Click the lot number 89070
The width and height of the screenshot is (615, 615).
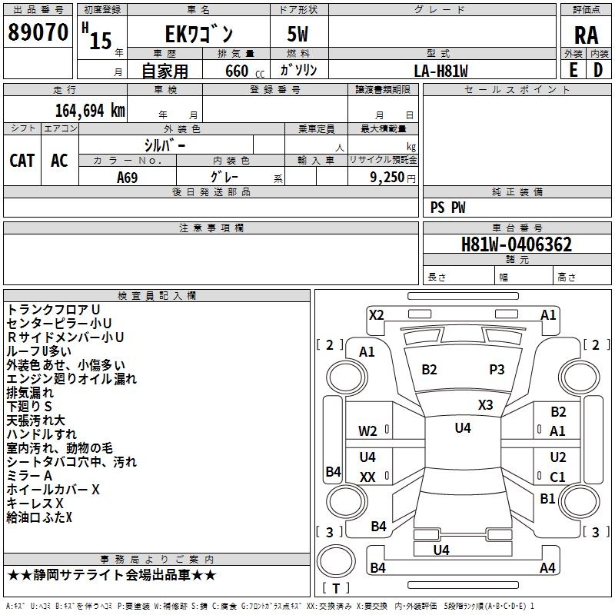[x=38, y=32]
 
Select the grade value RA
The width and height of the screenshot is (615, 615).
[x=586, y=35]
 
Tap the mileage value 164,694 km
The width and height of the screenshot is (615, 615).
[x=90, y=111]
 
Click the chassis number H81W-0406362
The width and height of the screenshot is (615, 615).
[x=517, y=244]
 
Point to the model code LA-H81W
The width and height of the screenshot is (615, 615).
[x=440, y=71]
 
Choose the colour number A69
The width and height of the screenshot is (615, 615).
[x=128, y=178]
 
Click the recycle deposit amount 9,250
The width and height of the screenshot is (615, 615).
[x=387, y=178]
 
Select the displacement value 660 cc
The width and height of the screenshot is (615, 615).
[x=244, y=71]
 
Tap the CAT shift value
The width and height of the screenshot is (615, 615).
[x=22, y=161]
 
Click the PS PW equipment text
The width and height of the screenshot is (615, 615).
[x=447, y=208]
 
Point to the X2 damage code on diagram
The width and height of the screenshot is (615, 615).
[x=376, y=315]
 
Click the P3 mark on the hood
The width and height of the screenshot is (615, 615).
[x=497, y=370]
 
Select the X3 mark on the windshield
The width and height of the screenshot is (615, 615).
[x=485, y=405]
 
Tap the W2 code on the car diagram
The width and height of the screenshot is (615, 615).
[x=367, y=431]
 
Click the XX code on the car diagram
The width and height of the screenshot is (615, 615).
[x=367, y=477]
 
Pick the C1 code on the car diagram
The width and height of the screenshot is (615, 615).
[x=557, y=477]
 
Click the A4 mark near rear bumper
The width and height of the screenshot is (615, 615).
[x=547, y=567]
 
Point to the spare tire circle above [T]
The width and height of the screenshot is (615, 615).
[x=336, y=562]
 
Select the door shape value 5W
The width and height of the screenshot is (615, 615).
[x=298, y=34]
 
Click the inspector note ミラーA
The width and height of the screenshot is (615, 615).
[x=29, y=476]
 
